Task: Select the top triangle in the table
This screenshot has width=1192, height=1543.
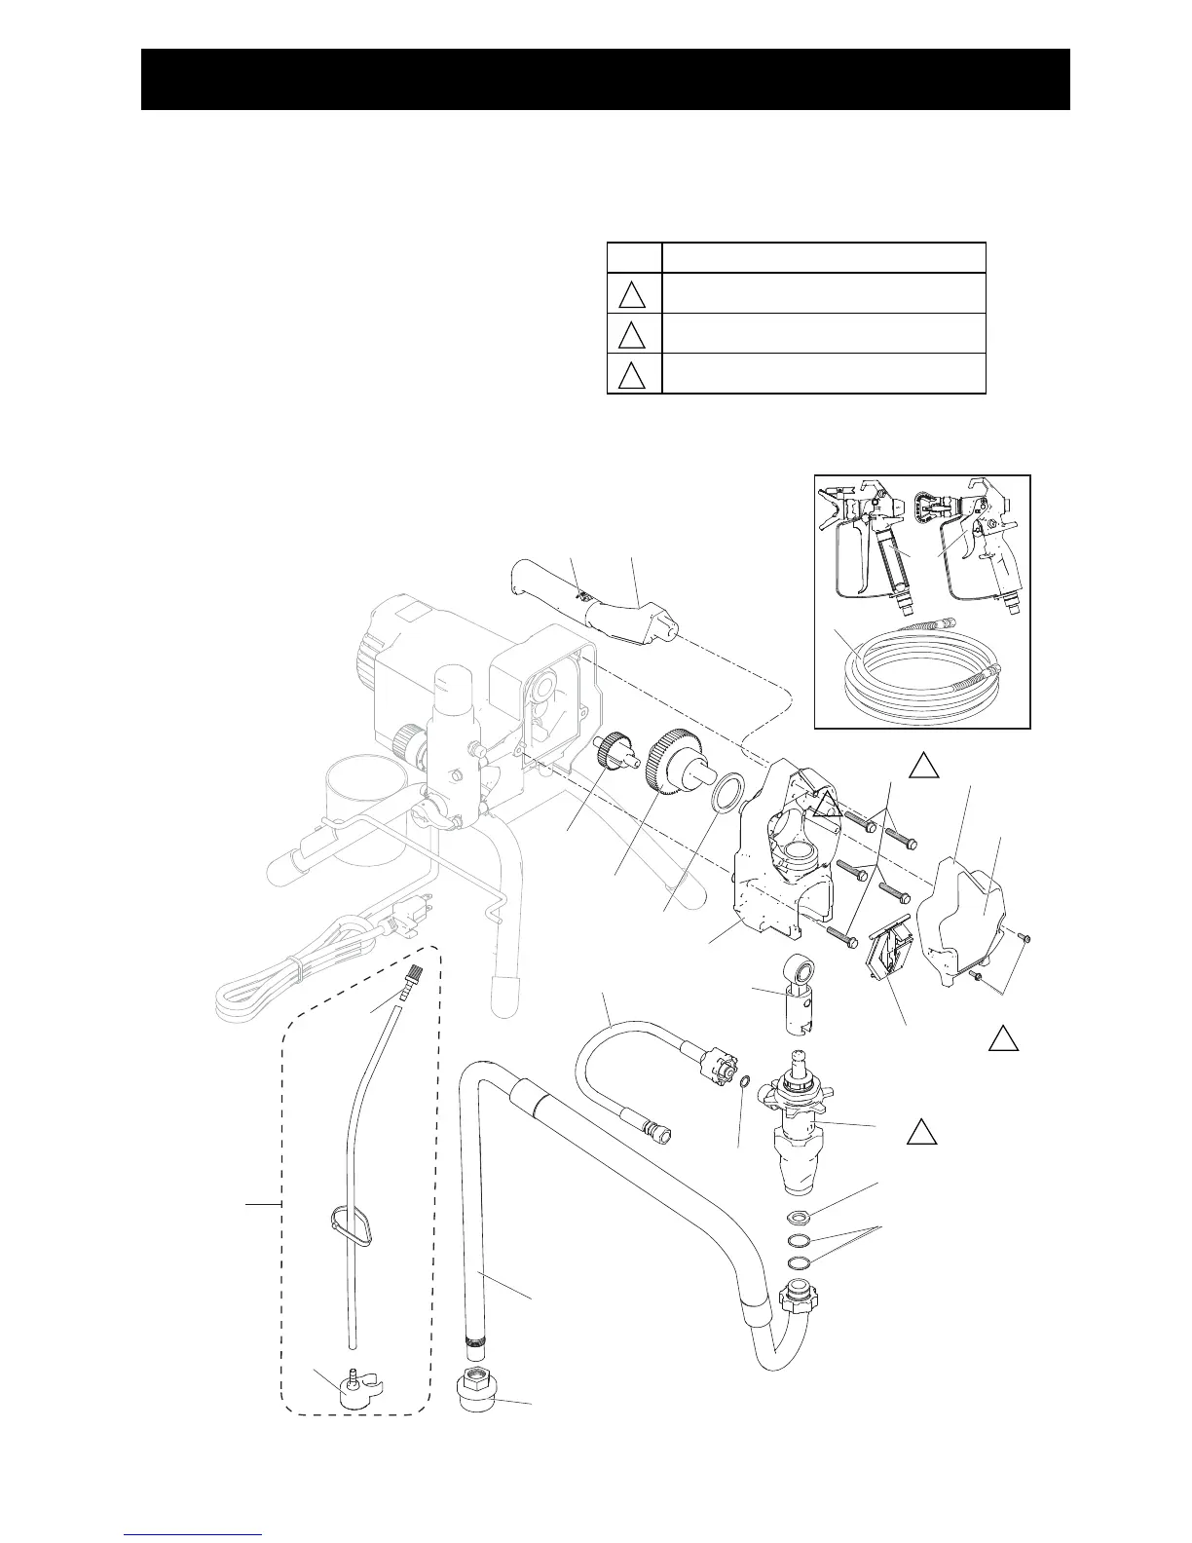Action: coord(633,293)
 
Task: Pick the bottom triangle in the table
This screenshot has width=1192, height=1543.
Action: coord(633,375)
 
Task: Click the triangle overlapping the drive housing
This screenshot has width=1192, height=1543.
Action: coord(828,805)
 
